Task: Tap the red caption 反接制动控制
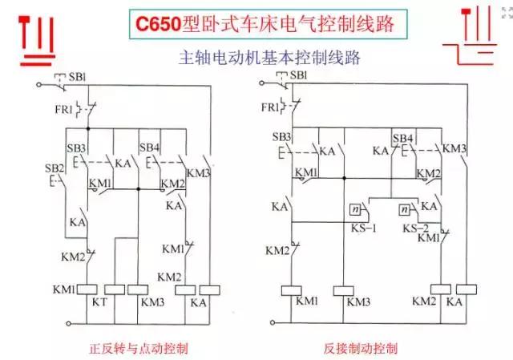361,349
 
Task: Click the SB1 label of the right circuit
297,76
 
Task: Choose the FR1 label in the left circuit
63,107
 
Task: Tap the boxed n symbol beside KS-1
353,210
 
